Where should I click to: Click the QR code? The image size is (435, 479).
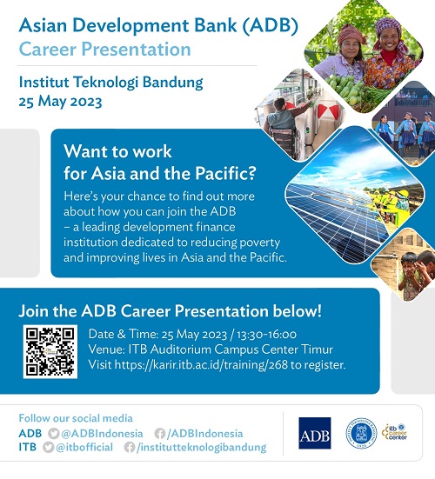point(50,351)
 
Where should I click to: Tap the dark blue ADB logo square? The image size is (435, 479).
point(315,433)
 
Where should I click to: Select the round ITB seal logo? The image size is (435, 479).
point(361,433)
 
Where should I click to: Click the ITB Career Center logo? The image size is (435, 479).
point(395,432)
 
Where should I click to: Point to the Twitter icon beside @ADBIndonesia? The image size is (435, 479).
point(54,433)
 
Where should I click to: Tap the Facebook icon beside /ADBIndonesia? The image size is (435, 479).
point(159,433)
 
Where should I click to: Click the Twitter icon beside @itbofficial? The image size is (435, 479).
point(49,447)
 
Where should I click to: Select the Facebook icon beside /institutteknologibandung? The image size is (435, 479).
point(130,447)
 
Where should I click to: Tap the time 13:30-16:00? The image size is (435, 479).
point(266,334)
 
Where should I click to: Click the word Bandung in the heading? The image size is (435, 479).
point(173,83)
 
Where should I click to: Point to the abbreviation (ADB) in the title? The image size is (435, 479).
point(270,25)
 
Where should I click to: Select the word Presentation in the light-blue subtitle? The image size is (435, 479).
point(136,50)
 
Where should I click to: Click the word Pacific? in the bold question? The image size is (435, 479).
point(225,173)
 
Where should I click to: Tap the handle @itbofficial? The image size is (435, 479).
point(84,447)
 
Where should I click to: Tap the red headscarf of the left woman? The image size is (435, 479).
point(351,34)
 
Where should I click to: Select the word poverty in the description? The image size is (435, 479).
point(260,243)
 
